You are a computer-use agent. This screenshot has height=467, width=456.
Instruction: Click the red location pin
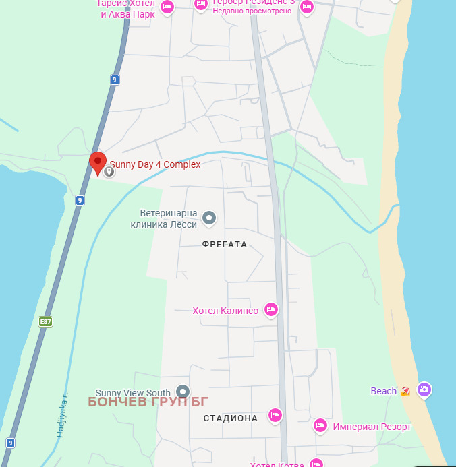pos(98,162)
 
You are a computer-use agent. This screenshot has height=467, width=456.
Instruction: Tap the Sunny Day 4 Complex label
pos(155,164)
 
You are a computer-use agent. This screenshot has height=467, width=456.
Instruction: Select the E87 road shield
pos(46,321)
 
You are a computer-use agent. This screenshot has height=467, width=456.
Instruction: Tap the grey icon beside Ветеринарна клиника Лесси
pos(210,218)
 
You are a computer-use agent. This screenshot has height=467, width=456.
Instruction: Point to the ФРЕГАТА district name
pos(225,245)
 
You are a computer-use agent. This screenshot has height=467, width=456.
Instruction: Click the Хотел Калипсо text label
pos(225,311)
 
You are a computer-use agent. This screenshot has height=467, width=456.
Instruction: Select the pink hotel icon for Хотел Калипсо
pos(270,309)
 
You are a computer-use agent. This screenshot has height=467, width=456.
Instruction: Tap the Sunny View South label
pos(133,393)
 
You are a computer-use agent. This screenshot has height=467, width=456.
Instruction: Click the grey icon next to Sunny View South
pos(182,392)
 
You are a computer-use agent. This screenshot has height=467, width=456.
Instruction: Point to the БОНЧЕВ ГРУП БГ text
pos(148,402)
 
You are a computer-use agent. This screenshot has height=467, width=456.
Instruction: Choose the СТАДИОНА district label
pos(231,418)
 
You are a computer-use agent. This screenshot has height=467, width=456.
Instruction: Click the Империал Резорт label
pos(372,427)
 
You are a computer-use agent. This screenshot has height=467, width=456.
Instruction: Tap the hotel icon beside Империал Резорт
pos(320,425)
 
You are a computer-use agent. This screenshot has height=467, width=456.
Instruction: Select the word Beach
pos(384,391)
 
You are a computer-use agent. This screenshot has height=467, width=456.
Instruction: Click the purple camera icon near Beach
pos(424,390)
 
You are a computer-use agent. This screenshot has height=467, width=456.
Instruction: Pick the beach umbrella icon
pos(405,391)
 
